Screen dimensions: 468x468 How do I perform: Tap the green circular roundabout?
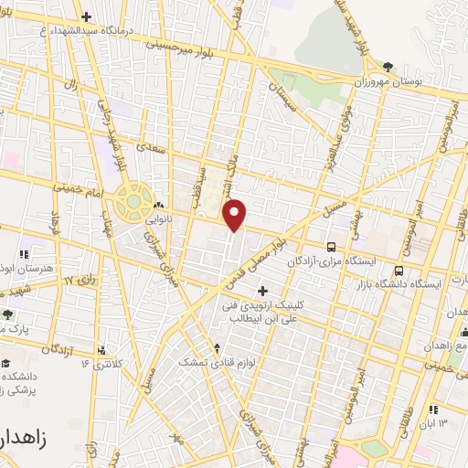point(133,199)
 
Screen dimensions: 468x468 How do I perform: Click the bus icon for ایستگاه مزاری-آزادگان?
point(330,247)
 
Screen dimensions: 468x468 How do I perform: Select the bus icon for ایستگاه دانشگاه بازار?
point(399,271)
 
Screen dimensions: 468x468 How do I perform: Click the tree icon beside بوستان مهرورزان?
point(389,66)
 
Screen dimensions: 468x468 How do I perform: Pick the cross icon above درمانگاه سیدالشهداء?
point(86,16)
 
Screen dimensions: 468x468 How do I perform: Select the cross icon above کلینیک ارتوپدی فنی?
point(262,292)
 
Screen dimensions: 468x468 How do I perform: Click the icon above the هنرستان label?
point(22,253)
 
